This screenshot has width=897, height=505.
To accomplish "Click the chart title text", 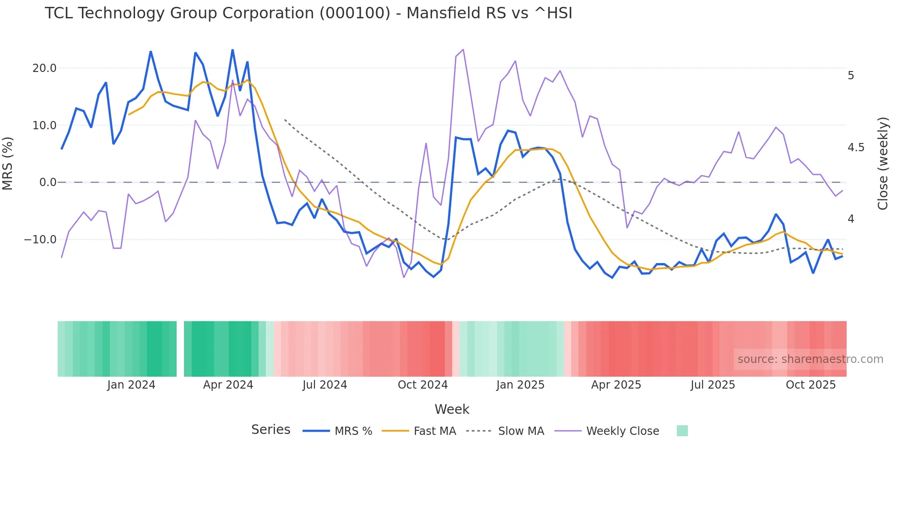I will tap(308, 13).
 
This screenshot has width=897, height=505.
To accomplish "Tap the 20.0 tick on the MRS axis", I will tap(44, 68).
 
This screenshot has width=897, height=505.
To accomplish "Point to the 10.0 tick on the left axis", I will tap(44, 125).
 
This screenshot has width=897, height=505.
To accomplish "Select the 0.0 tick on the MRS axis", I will tap(48, 182).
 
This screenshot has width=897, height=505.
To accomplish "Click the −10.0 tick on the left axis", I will tap(41, 240).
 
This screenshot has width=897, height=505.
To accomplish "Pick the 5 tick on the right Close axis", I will tap(851, 76).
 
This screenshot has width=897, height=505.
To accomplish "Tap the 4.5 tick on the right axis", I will tap(856, 148).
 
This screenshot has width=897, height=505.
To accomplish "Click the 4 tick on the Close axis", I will tap(851, 219).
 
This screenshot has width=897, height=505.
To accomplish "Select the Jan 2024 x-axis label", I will tap(131, 385).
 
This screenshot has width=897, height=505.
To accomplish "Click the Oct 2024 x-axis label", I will tap(422, 385).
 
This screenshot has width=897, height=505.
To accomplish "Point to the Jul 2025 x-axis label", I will tap(713, 385).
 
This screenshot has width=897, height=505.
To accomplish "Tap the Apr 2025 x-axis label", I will tap(616, 385).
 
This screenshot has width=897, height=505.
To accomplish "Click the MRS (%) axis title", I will tap(8, 164).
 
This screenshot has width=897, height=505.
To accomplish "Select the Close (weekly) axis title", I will tap(883, 164).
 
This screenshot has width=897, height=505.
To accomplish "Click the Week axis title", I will tap(452, 409).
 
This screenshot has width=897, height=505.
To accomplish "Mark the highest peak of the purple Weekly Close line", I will tap(463, 49).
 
